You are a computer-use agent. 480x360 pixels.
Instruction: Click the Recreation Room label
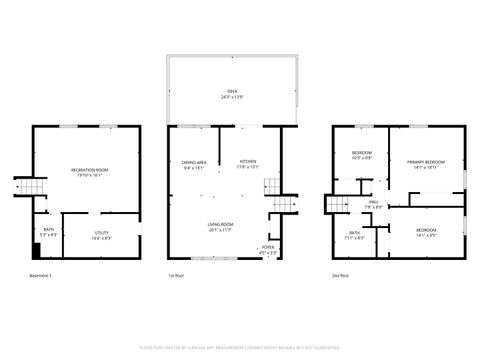click(90, 170)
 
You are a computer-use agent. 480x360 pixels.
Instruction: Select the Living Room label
click(221, 225)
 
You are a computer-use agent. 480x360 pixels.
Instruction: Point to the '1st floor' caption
click(177, 274)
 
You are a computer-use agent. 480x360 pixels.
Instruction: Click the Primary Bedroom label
click(425, 162)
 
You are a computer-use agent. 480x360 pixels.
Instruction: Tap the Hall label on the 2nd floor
click(373, 204)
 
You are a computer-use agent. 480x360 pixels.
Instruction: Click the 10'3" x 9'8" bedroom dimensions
click(362, 158)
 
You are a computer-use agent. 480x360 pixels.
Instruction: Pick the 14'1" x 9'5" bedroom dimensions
click(425, 235)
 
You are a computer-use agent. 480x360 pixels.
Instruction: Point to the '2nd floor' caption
click(341, 274)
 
